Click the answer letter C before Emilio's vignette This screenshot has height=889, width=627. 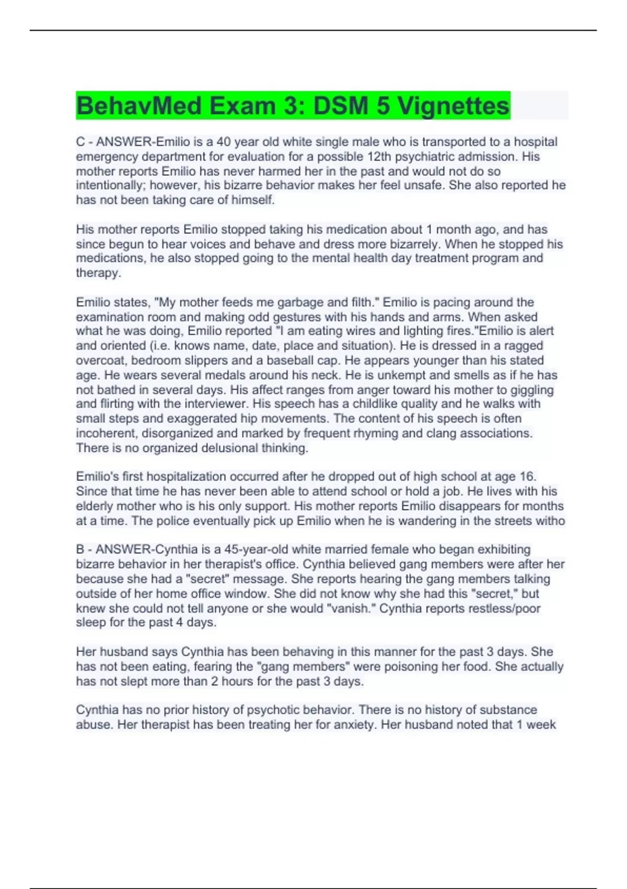coord(80,142)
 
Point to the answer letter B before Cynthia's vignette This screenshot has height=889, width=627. coord(80,550)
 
